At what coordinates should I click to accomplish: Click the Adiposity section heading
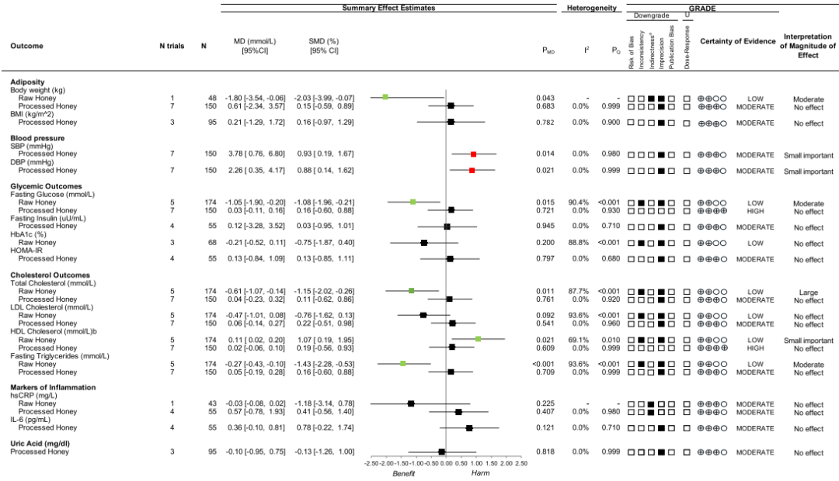26,81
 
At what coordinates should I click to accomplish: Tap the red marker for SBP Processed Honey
473,154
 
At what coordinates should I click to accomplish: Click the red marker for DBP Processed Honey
472,170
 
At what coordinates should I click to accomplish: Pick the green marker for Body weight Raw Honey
385,97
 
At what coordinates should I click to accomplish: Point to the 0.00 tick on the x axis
446,462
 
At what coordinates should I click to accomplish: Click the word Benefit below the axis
404,472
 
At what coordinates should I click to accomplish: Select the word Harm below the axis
480,472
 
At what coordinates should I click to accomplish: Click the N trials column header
172,46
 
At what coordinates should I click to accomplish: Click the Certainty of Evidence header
737,40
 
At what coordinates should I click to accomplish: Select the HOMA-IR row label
26,250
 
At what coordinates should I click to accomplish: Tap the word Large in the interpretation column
808,292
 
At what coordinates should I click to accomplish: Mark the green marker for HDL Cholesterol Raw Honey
479,339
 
